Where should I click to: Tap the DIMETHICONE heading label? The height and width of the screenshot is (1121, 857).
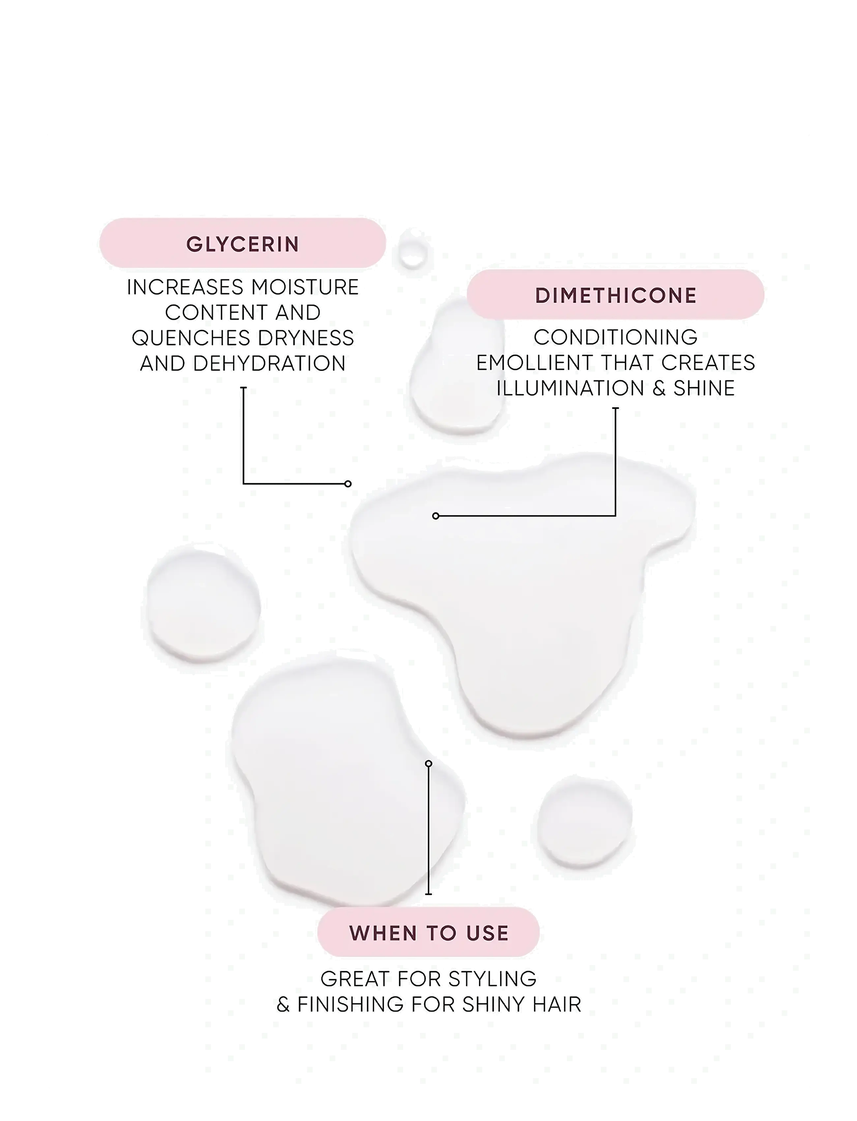pos(616,295)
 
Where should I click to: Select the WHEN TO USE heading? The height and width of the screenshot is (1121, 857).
pos(429,933)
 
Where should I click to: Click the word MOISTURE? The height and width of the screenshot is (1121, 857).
pos(305,287)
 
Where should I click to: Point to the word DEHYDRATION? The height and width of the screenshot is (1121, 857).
pos(269,364)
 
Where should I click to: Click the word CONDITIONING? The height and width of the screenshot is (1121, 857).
pos(616,337)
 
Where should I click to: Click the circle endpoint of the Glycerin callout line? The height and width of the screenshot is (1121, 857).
pos(348,484)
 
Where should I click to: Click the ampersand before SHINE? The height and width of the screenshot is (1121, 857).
pos(660,389)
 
